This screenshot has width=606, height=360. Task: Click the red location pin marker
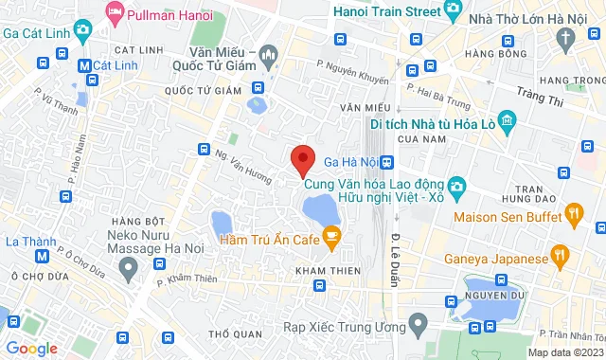pos(302,159)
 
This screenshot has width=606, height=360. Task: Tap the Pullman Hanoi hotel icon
pos(116,13)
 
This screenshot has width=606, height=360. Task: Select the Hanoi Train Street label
pos(388,12)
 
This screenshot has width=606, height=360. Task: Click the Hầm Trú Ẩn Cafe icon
pos(330,237)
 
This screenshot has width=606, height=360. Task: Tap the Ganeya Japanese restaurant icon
pos(561,254)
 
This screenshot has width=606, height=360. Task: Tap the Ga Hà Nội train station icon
pos(386,161)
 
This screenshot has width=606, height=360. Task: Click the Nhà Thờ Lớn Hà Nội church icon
pos(566,38)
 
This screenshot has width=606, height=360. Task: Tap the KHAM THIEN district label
pos(321,271)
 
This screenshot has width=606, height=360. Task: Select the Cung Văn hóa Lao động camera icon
pos(455,184)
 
